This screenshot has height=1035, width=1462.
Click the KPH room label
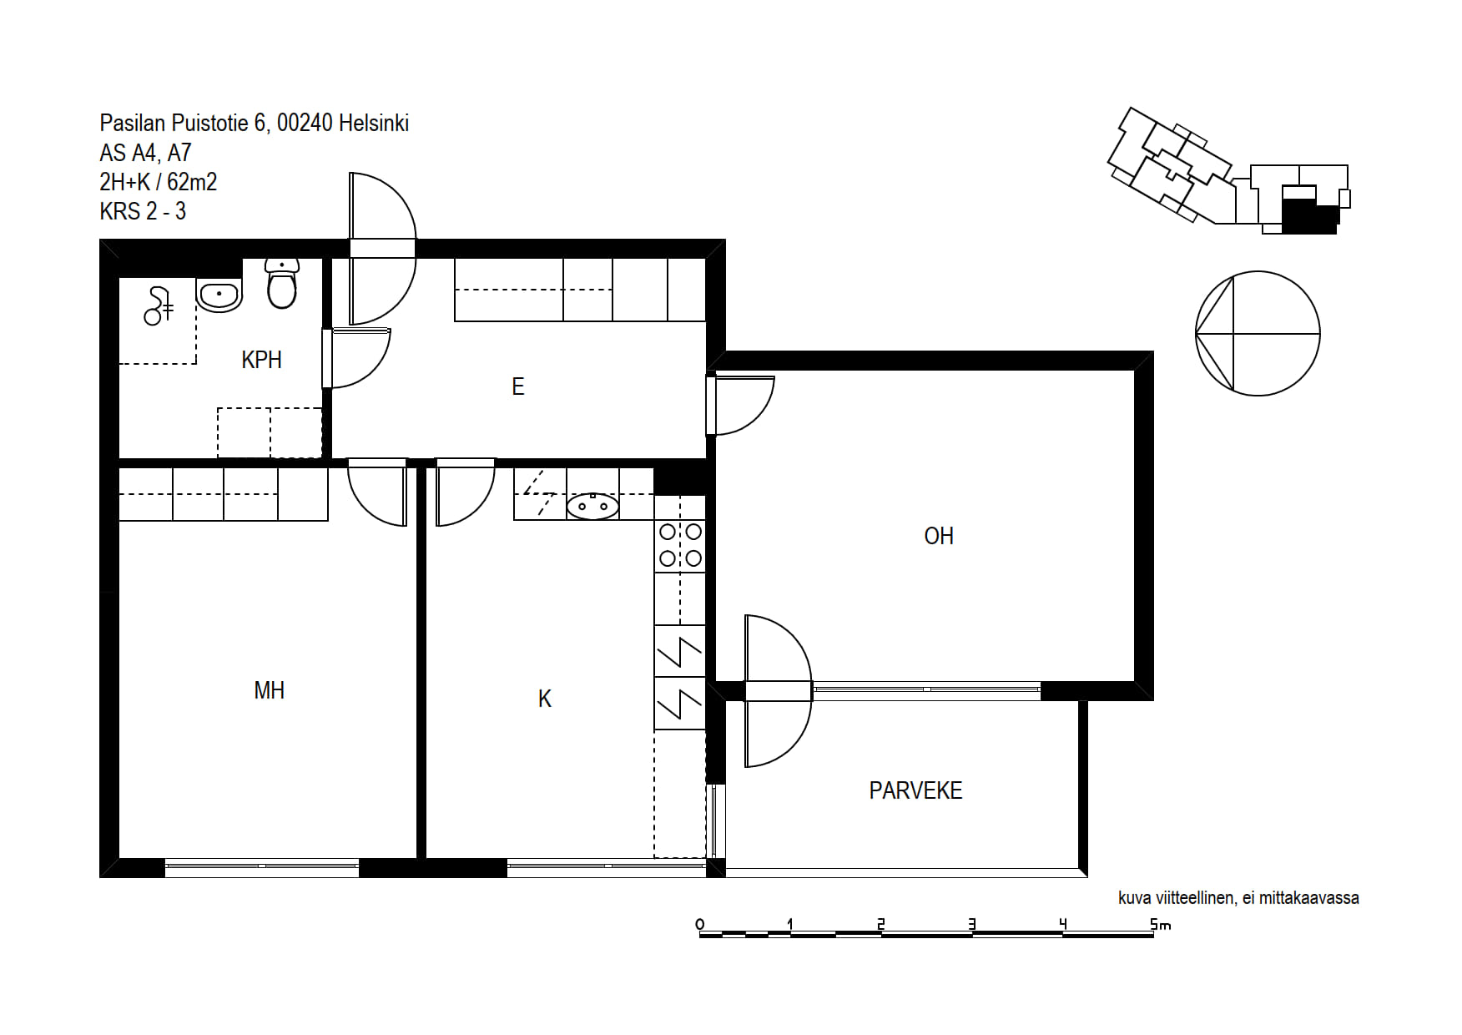click(261, 360)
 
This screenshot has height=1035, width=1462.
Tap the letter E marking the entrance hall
click(518, 386)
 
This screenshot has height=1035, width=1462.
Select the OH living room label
click(939, 536)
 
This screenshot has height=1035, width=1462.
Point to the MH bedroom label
click(270, 690)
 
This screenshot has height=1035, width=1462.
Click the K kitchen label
click(545, 699)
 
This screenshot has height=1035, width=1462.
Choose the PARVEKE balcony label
click(915, 790)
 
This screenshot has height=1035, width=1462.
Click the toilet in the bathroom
click(282, 283)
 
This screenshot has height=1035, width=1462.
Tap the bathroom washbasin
click(219, 295)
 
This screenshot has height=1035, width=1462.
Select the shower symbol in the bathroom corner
click(158, 305)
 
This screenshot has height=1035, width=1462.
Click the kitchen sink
click(592, 506)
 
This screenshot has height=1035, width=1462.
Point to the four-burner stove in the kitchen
click(680, 545)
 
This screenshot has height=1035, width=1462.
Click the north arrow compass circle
click(1258, 333)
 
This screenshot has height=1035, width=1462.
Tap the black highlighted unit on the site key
click(1309, 214)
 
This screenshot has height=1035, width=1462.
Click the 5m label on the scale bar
click(1161, 924)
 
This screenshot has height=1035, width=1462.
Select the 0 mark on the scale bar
click(699, 924)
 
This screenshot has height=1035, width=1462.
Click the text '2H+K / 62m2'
click(159, 182)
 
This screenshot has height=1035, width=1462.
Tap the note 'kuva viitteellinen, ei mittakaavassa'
click(1238, 898)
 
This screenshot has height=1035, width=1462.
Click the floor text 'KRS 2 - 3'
click(143, 211)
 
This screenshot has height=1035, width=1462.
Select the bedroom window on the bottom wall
click(262, 868)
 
